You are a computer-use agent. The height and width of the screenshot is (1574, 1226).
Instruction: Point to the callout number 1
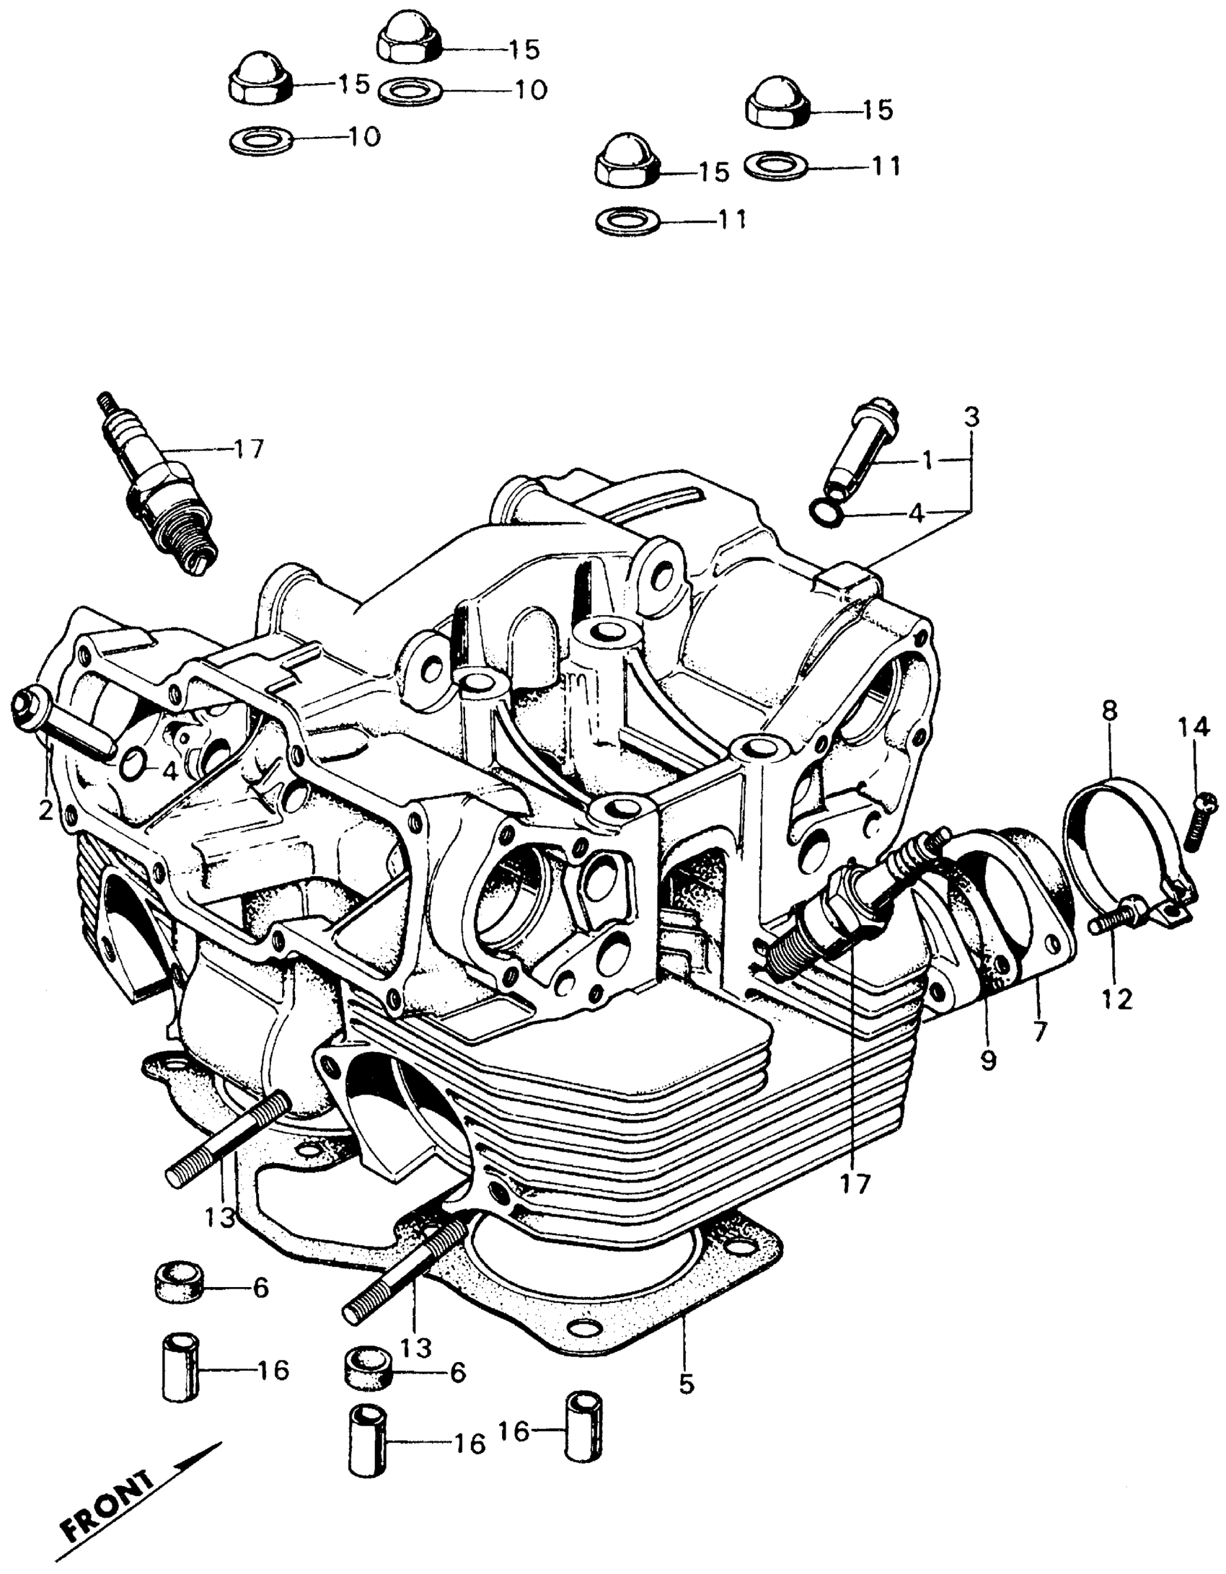tap(928, 460)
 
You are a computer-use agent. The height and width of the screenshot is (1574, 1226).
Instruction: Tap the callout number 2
tap(45, 811)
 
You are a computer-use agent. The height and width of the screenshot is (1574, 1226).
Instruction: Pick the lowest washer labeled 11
tap(628, 220)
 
